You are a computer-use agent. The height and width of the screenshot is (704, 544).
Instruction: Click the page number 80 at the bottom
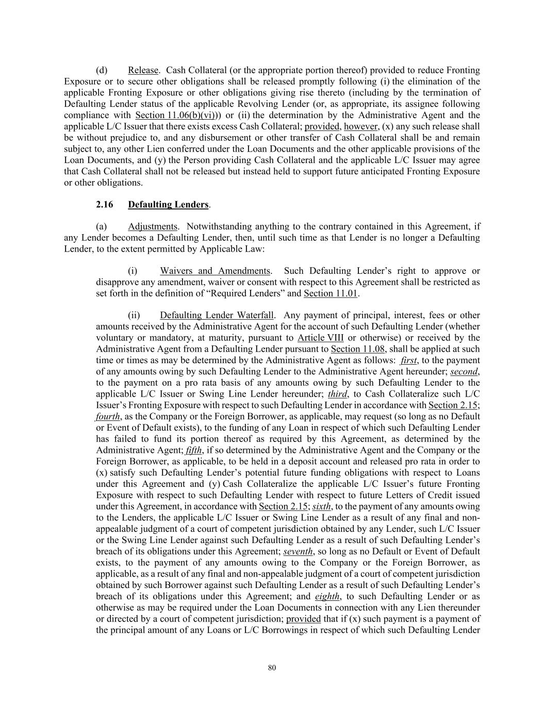[x=272, y=668]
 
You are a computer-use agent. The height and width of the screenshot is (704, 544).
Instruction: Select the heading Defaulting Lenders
[x=168, y=204]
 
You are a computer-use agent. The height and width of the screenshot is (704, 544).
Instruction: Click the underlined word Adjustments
[x=152, y=226]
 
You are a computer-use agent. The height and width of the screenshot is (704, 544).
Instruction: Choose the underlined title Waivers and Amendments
[x=215, y=271]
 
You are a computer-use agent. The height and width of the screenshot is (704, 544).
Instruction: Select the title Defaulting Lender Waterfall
[x=217, y=315]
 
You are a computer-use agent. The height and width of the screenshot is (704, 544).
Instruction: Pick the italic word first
[x=408, y=361]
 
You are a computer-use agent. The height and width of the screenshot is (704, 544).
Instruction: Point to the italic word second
[x=464, y=372]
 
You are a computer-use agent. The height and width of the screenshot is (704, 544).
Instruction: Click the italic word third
[x=337, y=395]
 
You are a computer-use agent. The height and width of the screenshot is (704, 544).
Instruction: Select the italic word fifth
[x=194, y=450]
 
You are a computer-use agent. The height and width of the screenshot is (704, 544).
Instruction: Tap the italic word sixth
[x=322, y=506]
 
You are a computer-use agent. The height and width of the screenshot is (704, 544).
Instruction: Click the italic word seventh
[x=298, y=551]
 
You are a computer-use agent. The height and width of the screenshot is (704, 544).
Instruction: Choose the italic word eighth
[x=327, y=597]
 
